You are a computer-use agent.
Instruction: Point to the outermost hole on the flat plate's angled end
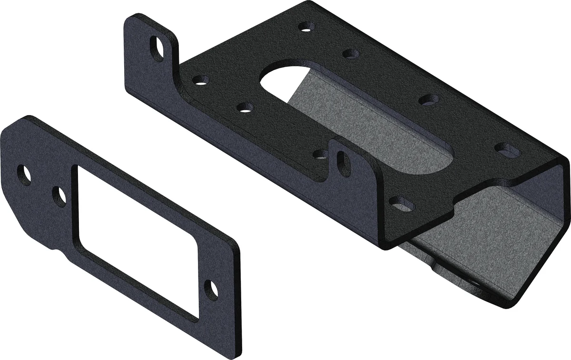(x=23, y=174)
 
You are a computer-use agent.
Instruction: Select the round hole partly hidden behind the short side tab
(x=322, y=153)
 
